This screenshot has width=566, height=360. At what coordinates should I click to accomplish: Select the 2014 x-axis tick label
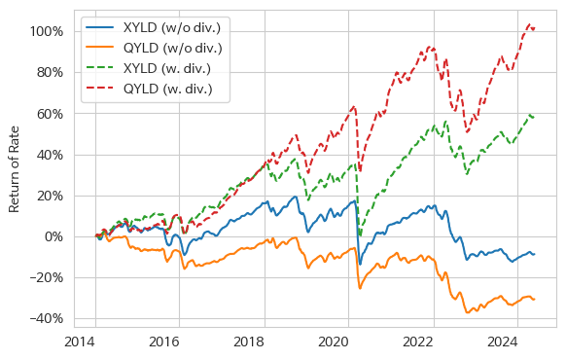tap(80, 342)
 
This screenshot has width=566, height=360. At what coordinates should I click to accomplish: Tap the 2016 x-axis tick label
tap(165, 342)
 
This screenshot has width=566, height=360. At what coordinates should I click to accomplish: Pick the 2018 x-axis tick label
tap(250, 342)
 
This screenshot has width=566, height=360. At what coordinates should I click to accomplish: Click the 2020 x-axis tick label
tap(335, 342)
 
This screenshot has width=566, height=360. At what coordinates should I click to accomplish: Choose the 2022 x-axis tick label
tap(419, 342)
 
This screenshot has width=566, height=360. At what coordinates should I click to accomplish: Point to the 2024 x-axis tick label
tap(504, 342)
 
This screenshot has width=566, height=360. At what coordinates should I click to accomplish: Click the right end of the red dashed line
tap(534, 28)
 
